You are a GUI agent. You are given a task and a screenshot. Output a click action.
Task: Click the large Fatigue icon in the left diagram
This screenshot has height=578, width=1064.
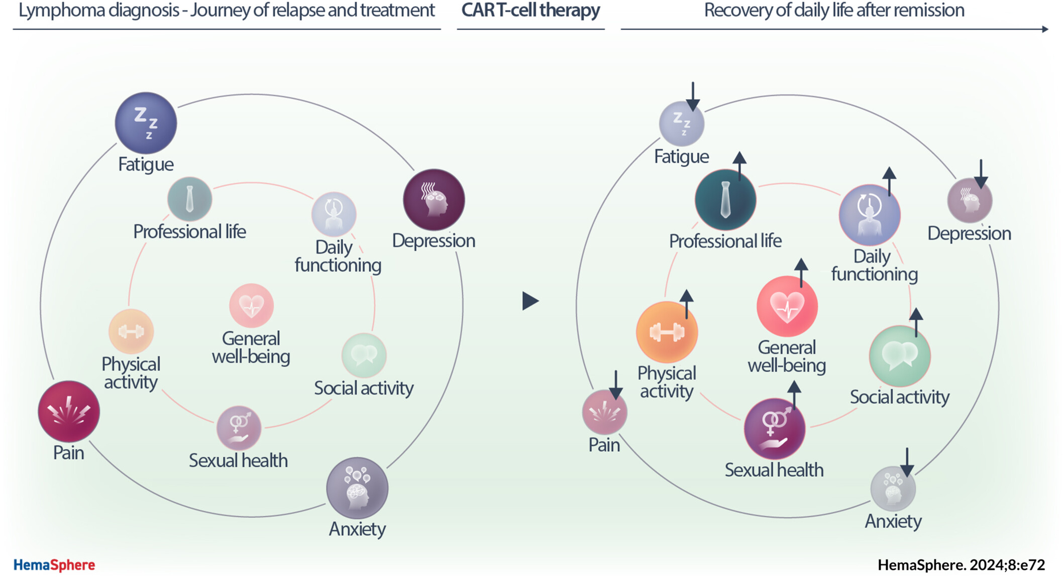pyautogui.click(x=146, y=123)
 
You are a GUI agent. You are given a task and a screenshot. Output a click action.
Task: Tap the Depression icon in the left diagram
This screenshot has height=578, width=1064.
pyautogui.click(x=434, y=200)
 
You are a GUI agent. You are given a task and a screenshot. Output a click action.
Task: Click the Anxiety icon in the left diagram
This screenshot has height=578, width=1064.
pyautogui.click(x=357, y=488)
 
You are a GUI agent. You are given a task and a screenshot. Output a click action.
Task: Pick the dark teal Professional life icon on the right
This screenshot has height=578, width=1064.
pyautogui.click(x=725, y=200)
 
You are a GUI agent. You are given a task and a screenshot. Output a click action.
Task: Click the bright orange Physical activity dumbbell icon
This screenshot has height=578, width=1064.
pyautogui.click(x=667, y=332)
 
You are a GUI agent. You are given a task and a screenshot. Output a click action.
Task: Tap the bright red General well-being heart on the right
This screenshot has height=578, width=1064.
pyautogui.click(x=787, y=306)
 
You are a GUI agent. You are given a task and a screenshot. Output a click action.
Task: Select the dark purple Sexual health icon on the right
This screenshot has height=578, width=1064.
pyautogui.click(x=774, y=429)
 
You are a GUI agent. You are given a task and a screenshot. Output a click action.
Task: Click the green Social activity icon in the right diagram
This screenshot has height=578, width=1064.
pyautogui.click(x=900, y=356)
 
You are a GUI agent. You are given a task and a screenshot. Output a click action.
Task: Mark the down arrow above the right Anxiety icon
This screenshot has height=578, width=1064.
pyautogui.click(x=907, y=463)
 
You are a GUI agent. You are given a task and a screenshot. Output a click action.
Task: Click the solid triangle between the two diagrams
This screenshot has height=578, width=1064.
pyautogui.click(x=529, y=301)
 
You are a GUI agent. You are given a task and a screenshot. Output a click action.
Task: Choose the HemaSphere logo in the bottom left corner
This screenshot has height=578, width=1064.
pyautogui.click(x=54, y=565)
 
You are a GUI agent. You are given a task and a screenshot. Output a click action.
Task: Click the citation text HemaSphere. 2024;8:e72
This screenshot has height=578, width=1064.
pyautogui.click(x=961, y=565)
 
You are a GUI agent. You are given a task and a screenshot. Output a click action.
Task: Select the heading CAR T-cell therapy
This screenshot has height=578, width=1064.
pyautogui.click(x=530, y=11)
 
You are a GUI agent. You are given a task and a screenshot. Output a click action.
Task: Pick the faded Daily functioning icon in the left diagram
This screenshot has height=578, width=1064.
pyautogui.click(x=334, y=214)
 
